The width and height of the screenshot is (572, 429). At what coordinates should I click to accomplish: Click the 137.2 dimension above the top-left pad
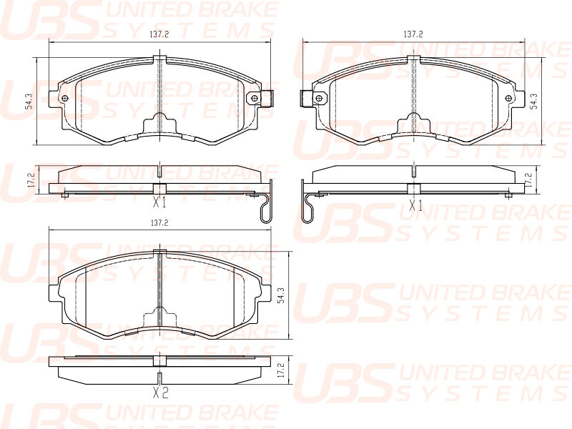(x=159, y=34)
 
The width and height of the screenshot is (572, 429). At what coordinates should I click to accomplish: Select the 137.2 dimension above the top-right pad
(x=413, y=34)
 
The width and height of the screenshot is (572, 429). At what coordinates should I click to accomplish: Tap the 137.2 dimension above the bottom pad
(x=159, y=222)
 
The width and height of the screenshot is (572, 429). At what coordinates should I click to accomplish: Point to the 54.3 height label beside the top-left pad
(x=29, y=101)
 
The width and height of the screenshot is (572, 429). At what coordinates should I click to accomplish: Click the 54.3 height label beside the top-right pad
(x=533, y=101)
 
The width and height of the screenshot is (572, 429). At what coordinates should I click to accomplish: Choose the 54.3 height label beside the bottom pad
(x=280, y=295)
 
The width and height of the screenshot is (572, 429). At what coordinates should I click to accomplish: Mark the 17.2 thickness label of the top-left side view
(x=31, y=180)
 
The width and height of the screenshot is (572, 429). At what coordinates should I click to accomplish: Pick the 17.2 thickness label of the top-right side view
(x=528, y=180)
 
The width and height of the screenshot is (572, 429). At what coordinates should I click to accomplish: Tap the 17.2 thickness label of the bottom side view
(x=280, y=370)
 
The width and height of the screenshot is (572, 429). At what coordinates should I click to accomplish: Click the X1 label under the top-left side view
(x=159, y=202)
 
